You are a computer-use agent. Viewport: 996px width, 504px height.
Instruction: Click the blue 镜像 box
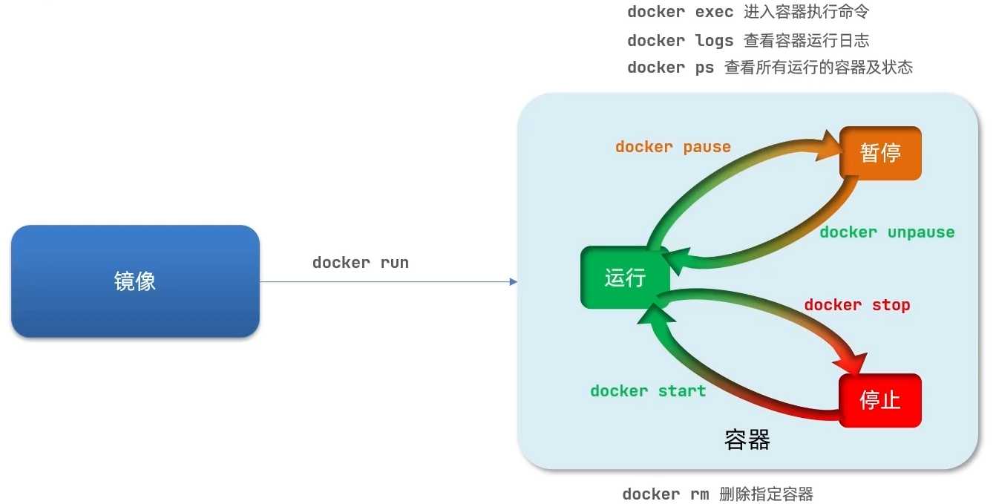pos(135,281)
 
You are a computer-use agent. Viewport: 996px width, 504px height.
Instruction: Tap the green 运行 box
pos(625,278)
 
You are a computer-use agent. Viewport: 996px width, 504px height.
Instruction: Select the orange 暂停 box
pos(880,153)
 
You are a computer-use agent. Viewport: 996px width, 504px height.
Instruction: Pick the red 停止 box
pos(880,400)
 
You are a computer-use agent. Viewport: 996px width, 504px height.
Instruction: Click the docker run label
pos(361,263)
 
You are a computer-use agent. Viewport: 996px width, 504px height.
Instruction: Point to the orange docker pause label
pos(673,147)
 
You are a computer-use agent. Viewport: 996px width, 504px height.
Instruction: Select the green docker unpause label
pos(887,232)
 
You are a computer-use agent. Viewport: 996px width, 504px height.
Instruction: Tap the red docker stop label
pos(857,305)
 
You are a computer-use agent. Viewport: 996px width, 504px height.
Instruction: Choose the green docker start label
pos(648,391)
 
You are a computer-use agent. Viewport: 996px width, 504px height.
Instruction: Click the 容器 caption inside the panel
pos(747,440)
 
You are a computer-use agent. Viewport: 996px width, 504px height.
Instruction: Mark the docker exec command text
pos(680,13)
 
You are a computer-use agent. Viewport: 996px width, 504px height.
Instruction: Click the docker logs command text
pos(680,41)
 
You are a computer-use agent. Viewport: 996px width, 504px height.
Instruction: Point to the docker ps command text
pos(670,68)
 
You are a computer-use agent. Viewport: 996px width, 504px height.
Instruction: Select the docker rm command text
pos(665,494)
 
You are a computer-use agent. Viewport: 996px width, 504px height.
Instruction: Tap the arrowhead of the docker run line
pos(513,281)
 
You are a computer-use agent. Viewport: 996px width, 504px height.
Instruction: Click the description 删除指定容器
pos(766,494)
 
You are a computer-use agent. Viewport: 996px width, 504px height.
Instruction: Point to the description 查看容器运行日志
pos(806,41)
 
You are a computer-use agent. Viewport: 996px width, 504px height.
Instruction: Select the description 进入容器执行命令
pos(806,13)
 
